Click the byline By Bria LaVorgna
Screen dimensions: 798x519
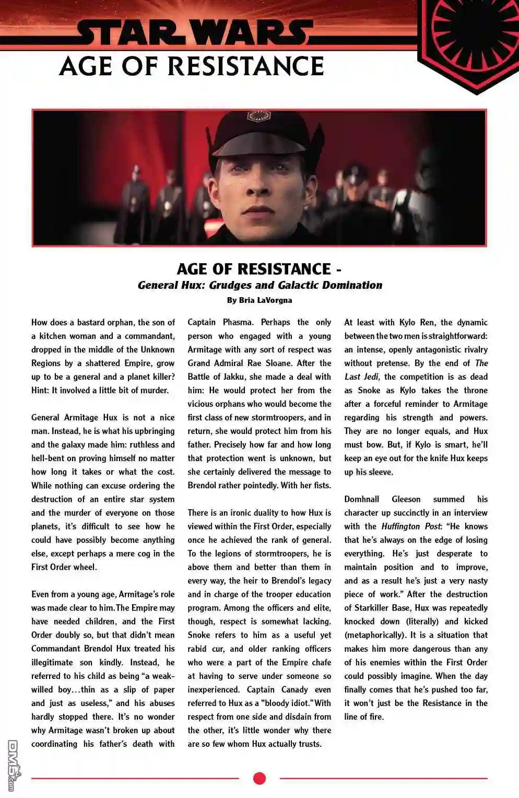(x=259, y=300)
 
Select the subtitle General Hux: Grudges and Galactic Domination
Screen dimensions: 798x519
(x=259, y=285)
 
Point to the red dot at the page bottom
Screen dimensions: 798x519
(x=259, y=778)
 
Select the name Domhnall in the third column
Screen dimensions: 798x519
(x=361, y=499)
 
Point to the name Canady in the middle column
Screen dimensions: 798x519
(x=294, y=689)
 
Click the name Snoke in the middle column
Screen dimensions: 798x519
(x=199, y=635)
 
